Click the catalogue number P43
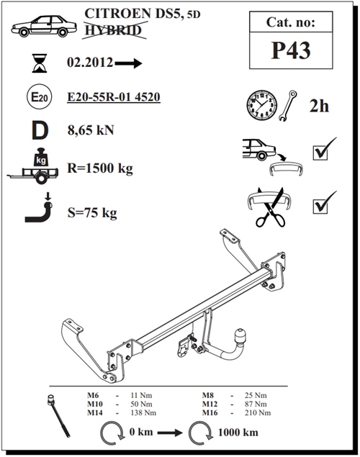(x=291, y=50)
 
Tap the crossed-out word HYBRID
(x=113, y=30)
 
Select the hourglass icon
(x=40, y=63)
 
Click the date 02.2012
(x=90, y=63)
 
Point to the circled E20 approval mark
(x=40, y=96)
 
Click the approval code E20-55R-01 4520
(x=114, y=96)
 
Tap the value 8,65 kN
(x=91, y=130)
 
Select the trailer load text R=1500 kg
(x=100, y=168)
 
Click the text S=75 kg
(x=92, y=213)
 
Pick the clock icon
(x=262, y=104)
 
